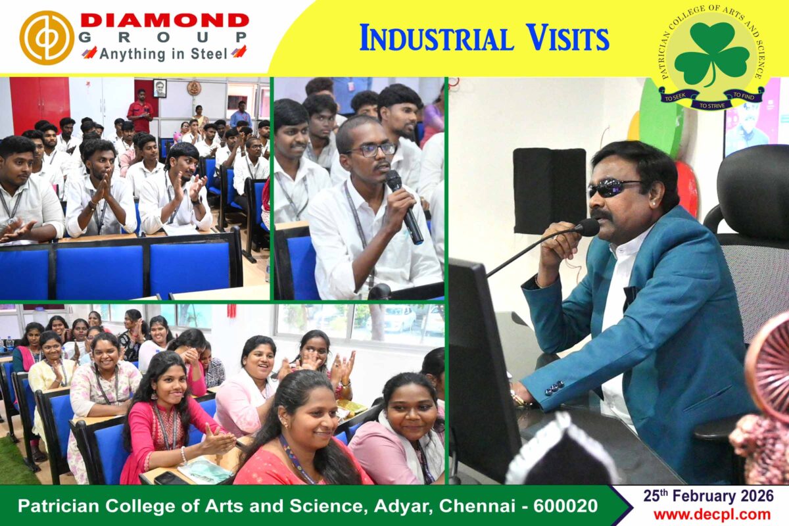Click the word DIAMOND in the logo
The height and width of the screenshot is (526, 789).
point(164,20)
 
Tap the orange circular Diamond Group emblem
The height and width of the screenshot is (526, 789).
point(47,37)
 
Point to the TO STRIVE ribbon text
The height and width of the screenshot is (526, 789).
point(712,105)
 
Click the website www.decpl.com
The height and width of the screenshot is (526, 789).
point(712,515)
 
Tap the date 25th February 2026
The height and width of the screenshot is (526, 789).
point(708,496)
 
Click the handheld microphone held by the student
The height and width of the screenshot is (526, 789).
point(404,206)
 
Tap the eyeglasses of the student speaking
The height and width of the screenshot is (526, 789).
point(373,149)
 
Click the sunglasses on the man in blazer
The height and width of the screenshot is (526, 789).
point(613,189)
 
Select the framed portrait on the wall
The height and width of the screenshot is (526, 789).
point(160,88)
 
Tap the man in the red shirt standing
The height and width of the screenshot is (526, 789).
point(140,110)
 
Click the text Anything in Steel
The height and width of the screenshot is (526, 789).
point(163,54)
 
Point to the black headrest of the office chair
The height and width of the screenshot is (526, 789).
point(753,189)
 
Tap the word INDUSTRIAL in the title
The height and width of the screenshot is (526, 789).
point(436,38)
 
